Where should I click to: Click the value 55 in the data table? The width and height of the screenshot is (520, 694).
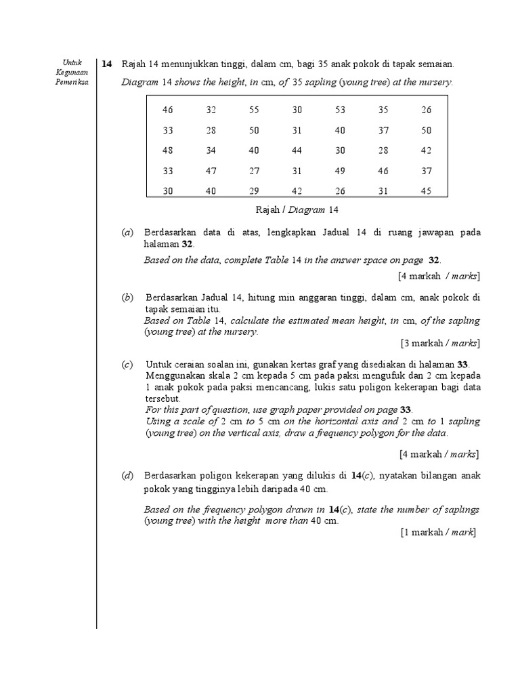254,110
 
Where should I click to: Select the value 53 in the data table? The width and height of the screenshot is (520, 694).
340,110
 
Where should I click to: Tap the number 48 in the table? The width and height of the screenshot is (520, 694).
168,150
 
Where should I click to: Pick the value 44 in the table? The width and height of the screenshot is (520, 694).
297,150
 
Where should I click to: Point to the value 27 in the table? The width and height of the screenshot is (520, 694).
254,171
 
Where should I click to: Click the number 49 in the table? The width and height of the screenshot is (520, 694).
340,171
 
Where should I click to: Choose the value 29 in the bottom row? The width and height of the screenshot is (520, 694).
254,191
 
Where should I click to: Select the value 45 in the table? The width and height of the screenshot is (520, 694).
426,191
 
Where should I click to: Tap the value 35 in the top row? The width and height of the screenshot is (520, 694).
383,110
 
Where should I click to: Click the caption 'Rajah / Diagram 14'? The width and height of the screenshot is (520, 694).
297,210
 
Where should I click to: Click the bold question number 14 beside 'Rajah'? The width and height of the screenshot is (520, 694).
107,64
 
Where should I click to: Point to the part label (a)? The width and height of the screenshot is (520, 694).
127,232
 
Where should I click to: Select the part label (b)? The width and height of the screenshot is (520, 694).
127,297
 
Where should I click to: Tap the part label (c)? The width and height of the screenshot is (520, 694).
127,365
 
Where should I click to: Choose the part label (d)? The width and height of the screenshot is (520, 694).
127,476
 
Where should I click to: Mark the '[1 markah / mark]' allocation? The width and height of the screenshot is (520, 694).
439,533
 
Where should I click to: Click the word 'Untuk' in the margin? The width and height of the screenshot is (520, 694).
71,63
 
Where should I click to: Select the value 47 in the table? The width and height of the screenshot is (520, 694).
211,171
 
